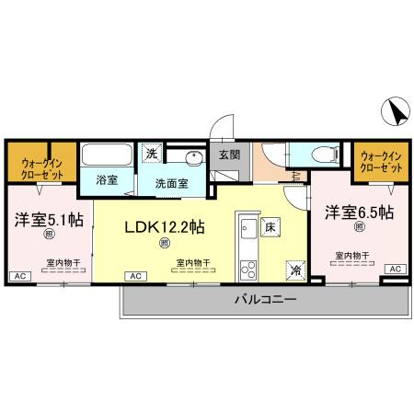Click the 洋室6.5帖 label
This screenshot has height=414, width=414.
click(x=359, y=213)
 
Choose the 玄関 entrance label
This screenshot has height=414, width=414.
click(x=229, y=155)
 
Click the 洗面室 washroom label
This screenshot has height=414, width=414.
click(x=171, y=182)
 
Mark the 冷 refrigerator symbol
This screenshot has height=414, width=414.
click(x=294, y=270)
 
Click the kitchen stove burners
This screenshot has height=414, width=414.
click(x=247, y=269)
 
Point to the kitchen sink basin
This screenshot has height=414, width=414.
click(x=247, y=230)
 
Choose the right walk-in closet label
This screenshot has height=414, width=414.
click(x=381, y=163)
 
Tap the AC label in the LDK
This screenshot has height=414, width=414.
click(x=134, y=276)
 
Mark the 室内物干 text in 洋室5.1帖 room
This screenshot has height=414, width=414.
click(x=63, y=261)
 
